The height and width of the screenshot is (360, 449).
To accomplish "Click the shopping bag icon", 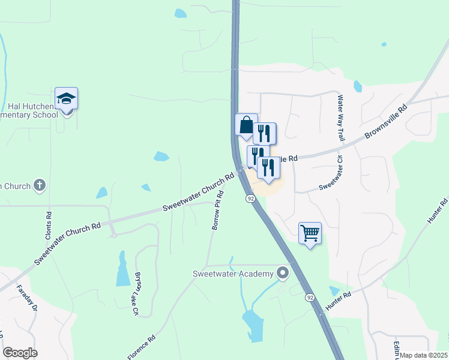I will [x=246, y=125].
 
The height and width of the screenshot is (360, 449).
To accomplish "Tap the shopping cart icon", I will [x=310, y=233].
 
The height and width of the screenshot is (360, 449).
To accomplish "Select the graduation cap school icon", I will [x=66, y=98].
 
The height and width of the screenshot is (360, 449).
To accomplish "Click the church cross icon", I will [x=40, y=185].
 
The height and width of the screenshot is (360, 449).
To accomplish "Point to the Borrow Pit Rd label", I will [x=218, y=210].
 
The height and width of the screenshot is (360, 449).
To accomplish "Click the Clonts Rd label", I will [x=49, y=222].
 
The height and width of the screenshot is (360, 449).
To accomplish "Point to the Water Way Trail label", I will [x=342, y=118].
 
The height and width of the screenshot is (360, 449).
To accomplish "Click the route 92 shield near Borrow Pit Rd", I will [x=249, y=197].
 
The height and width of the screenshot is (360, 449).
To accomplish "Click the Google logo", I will [x=20, y=353].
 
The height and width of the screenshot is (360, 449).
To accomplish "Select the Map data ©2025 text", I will [x=424, y=355].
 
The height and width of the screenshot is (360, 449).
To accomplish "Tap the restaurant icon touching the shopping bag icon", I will [x=265, y=133].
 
